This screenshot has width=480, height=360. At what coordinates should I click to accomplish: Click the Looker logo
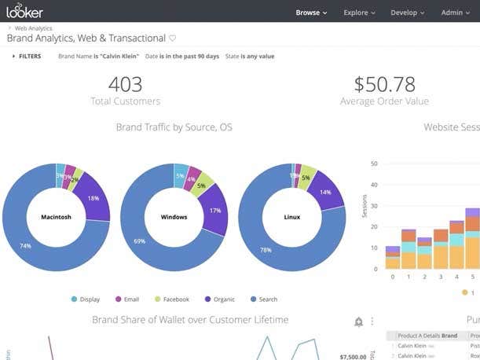[x=24, y=11]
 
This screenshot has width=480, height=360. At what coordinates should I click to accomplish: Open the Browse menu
[x=311, y=13]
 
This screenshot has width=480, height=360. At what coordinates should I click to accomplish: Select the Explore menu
[x=359, y=13]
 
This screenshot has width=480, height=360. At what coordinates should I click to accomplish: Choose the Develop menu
[x=407, y=13]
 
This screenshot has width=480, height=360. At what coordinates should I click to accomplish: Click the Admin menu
[x=456, y=13]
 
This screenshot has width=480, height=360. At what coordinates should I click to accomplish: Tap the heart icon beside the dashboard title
[x=173, y=38]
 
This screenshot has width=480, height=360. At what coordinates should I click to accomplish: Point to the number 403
[x=125, y=85]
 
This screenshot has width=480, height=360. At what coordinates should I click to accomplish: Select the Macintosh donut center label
[x=55, y=217]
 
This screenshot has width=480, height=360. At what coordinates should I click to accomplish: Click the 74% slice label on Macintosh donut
[x=25, y=246]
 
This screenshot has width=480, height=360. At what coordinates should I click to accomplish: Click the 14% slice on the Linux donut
[x=326, y=193]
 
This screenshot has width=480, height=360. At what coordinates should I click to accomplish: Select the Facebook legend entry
[x=171, y=299]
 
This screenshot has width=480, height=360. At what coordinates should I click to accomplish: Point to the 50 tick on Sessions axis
[x=375, y=164]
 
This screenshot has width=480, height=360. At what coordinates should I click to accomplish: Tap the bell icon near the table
[x=358, y=321]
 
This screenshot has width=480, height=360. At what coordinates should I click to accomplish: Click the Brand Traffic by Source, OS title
[x=174, y=127]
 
